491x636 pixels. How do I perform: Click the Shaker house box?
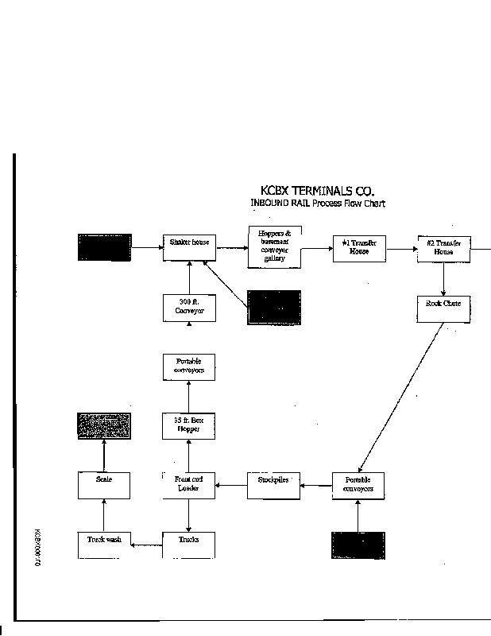[189, 247]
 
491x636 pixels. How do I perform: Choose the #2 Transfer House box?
[443, 249]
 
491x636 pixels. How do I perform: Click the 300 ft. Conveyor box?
[189, 307]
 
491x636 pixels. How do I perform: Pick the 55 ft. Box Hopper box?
[188, 425]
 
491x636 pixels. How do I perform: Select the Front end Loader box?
[188, 484]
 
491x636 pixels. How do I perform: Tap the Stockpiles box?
[273, 484]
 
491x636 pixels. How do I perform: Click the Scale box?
[104, 484]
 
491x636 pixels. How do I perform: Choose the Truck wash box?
[104, 543]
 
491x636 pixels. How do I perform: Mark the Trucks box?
[188, 544]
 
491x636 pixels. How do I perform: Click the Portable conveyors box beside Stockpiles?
[358, 485]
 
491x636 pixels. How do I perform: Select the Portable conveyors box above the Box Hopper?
[188, 366]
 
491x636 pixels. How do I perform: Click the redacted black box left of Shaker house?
[104, 247]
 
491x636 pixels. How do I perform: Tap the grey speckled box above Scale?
[104, 426]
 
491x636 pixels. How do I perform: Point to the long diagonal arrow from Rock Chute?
[401, 397]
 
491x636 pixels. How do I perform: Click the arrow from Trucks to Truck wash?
[146, 545]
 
